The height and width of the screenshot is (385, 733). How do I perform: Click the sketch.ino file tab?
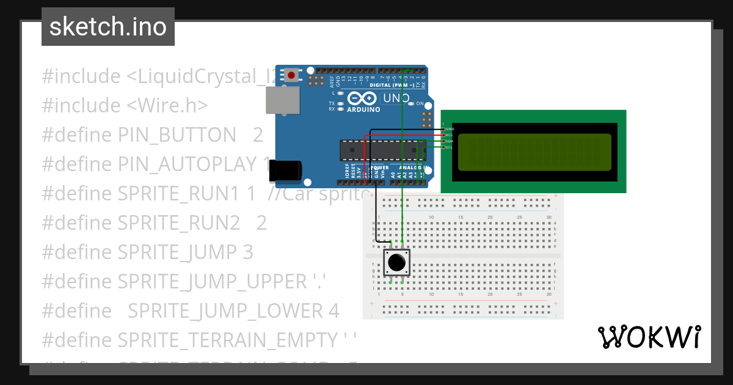click(x=108, y=27)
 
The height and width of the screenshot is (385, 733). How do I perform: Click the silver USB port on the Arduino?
click(x=282, y=100)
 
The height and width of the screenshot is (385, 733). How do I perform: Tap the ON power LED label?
click(x=420, y=104)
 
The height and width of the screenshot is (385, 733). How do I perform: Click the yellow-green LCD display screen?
click(x=534, y=152)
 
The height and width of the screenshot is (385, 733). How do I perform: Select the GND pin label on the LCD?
click(x=450, y=129)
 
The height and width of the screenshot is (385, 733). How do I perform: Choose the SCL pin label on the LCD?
click(x=449, y=147)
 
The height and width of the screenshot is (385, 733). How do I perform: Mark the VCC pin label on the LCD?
click(x=450, y=135)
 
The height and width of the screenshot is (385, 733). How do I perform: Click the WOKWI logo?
click(x=649, y=337)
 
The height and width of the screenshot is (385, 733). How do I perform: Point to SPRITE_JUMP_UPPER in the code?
click(x=210, y=281)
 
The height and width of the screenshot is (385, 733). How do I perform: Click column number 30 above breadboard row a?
click(x=549, y=218)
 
